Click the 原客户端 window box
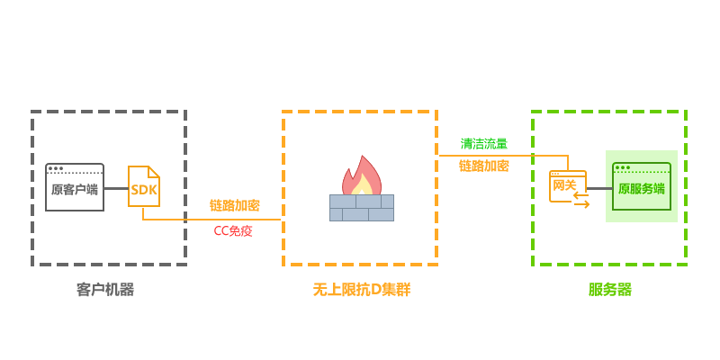click(x=75, y=187)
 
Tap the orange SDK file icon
click(x=144, y=186)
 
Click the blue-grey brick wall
click(x=362, y=208)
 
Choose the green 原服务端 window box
click(x=642, y=186)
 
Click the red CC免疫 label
click(x=233, y=230)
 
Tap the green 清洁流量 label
click(x=483, y=143)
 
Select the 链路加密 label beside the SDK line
click(x=235, y=205)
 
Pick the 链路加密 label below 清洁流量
click(x=483, y=166)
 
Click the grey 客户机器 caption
click(x=105, y=289)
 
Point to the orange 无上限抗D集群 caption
click(x=361, y=289)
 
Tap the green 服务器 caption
click(x=610, y=289)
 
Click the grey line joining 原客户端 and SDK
click(x=116, y=188)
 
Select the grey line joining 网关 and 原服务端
click(x=599, y=188)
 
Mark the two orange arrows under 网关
click(x=581, y=200)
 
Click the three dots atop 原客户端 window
click(x=56, y=168)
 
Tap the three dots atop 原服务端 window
click(x=623, y=167)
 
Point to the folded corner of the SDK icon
click(x=154, y=171)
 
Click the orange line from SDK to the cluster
click(x=211, y=219)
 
